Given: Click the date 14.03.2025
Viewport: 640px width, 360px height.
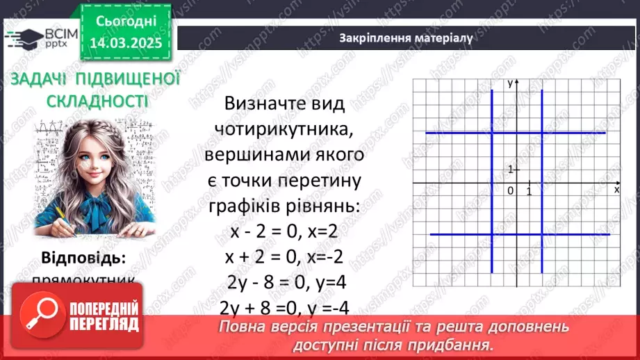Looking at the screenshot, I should [x=126, y=42].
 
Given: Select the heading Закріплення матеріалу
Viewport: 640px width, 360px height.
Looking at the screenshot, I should [x=406, y=38].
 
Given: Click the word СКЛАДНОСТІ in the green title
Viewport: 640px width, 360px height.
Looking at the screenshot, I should [x=97, y=101].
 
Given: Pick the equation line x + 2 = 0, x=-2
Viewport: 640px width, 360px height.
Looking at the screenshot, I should [x=284, y=257].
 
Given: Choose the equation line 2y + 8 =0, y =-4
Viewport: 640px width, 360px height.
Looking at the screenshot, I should [x=284, y=308].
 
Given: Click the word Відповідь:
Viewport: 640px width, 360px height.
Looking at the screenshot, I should [x=83, y=259].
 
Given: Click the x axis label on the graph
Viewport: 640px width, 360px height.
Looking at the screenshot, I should [x=616, y=189].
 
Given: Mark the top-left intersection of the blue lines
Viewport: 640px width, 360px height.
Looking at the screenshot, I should [x=492, y=133].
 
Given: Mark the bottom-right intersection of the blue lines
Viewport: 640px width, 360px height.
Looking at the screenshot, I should [x=542, y=234].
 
